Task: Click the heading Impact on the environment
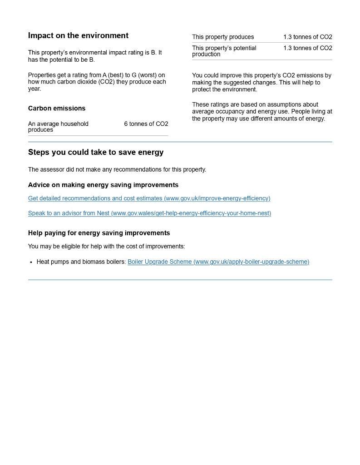tap(78, 36)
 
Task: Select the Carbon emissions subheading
tap(57, 109)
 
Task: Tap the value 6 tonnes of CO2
tap(146, 124)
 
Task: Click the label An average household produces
tap(58, 127)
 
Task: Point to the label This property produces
tap(223, 37)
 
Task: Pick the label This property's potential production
tap(224, 51)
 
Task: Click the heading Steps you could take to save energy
tap(96, 153)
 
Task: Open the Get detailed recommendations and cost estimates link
tap(149, 198)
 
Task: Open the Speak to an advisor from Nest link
tap(149, 213)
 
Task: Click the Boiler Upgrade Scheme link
tap(218, 262)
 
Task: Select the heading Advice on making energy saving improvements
tap(103, 185)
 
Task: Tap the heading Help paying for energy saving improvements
tap(99, 233)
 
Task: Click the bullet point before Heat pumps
tap(31, 262)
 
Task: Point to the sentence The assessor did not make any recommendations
tap(117, 170)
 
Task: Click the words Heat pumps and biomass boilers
tap(81, 262)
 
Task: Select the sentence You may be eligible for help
tap(106, 247)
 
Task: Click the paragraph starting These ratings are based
tap(262, 112)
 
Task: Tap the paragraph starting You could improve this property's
tap(261, 83)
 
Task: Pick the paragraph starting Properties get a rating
tap(97, 82)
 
